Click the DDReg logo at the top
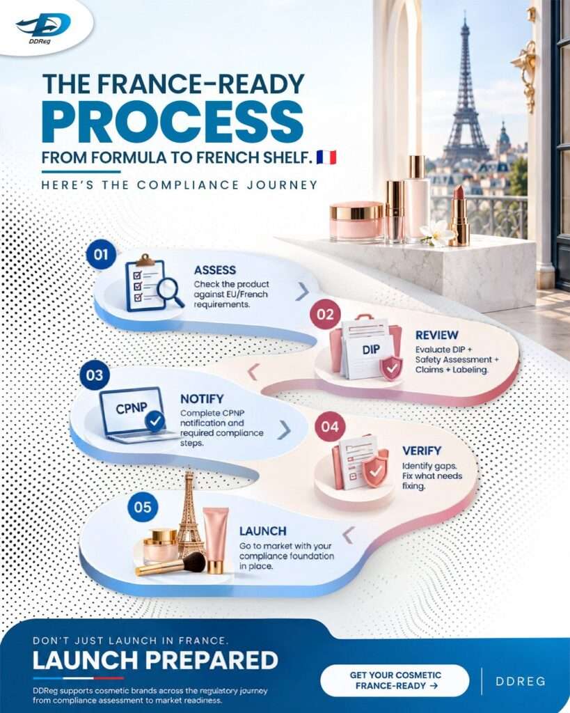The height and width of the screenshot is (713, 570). click(x=44, y=26)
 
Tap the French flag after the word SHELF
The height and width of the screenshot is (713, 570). click(x=326, y=157)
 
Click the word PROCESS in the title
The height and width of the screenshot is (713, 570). click(x=173, y=122)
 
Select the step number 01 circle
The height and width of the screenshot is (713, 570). click(x=101, y=255)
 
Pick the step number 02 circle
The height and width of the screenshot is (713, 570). click(x=325, y=315)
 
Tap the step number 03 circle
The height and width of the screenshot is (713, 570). click(x=95, y=375)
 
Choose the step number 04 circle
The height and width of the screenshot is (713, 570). click(x=330, y=427)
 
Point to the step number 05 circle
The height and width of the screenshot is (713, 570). click(x=142, y=507)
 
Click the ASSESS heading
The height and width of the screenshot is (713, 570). click(x=215, y=270)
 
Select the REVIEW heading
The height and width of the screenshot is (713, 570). click(x=437, y=335)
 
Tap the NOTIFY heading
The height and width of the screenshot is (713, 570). click(x=202, y=399)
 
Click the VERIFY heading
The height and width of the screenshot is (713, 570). click(x=422, y=450)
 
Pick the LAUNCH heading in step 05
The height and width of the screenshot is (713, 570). click(x=262, y=531)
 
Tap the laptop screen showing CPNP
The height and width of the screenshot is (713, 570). click(x=132, y=410)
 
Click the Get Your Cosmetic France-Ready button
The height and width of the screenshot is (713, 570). click(x=395, y=680)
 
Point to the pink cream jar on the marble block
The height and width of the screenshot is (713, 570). click(x=356, y=221)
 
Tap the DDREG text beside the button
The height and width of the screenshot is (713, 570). click(x=521, y=681)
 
